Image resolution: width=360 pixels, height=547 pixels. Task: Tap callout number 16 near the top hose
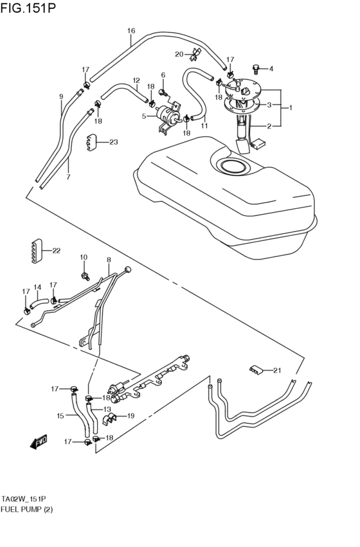[x=131, y=30]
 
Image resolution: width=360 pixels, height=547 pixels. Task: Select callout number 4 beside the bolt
[x=271, y=69]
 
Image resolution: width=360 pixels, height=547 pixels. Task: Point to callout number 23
[x=114, y=142]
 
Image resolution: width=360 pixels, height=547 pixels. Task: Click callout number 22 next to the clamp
[x=57, y=251]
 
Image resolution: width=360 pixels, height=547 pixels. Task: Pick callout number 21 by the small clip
[x=278, y=370]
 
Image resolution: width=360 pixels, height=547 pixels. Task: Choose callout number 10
[x=84, y=257]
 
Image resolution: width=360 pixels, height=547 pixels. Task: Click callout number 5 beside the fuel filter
[x=145, y=116]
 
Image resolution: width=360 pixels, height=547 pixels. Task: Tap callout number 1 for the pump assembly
[x=291, y=108]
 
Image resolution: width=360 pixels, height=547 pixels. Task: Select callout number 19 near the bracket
[x=130, y=416]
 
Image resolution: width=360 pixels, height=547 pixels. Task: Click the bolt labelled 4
[x=257, y=67]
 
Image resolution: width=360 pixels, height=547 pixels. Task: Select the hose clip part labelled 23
[x=93, y=143]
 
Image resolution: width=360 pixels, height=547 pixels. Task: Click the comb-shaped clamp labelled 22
[x=35, y=251]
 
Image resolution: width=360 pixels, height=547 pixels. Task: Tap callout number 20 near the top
[x=179, y=53]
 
